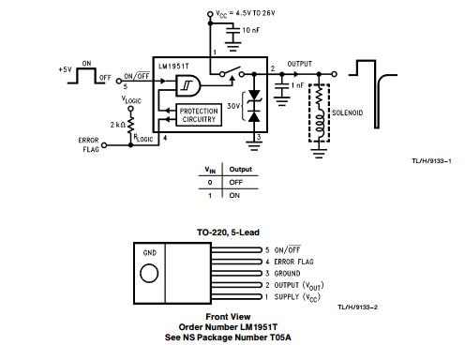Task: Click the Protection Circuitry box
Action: tap(199, 115)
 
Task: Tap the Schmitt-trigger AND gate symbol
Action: tap(188, 85)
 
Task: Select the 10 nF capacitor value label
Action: tap(251, 30)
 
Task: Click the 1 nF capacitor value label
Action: tap(297, 85)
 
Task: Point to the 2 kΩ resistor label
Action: tap(118, 125)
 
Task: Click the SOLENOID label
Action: tap(347, 112)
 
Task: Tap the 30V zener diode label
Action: tap(233, 106)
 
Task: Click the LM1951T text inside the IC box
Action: tap(173, 67)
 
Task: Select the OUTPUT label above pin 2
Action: tap(299, 64)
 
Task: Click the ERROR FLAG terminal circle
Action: tap(105, 145)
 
